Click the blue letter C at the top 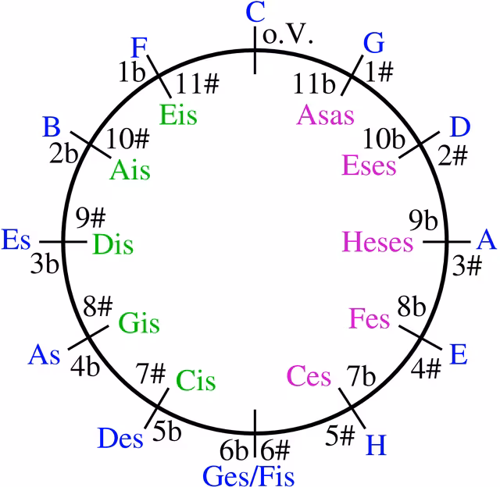point(255,12)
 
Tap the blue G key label point(373,43)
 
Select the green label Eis point(178,115)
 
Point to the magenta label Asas point(325,115)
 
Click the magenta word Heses point(377,242)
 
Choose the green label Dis point(112,244)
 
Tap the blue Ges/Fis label point(248,476)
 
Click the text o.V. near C point(287,34)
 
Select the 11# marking point(198,84)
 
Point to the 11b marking point(314,84)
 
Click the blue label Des point(120,438)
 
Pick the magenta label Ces point(309,376)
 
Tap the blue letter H point(377,445)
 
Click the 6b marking point(234,450)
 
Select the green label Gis point(139,323)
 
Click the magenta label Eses point(369,165)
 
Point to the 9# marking point(91,218)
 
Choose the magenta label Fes point(370,318)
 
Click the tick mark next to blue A point(446,242)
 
